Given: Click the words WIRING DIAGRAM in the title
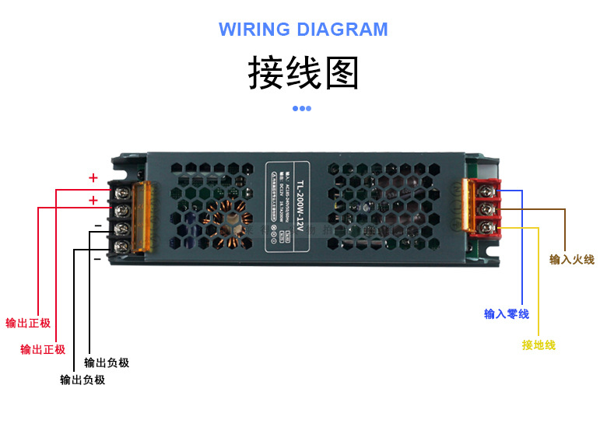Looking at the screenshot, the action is tap(303, 30).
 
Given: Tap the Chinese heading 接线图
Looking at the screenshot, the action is tap(303, 73).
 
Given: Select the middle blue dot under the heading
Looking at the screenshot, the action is tap(302, 108).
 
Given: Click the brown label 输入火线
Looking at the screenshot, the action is tap(571, 260).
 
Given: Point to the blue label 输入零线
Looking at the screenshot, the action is tap(507, 314).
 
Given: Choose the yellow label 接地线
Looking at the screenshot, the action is tap(539, 345).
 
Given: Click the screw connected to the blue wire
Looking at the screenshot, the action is tap(486, 190).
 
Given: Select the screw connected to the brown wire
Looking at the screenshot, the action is tap(486, 208).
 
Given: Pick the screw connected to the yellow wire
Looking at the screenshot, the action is tap(486, 227).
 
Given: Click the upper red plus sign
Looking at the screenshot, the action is tap(93, 178).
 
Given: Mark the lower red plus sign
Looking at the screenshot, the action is tap(93, 201).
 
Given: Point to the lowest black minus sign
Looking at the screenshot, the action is tap(96, 258).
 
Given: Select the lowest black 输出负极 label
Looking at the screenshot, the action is tap(82, 380).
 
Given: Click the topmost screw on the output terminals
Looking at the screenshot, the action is tap(123, 191).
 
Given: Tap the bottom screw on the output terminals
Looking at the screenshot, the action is tap(123, 247).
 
